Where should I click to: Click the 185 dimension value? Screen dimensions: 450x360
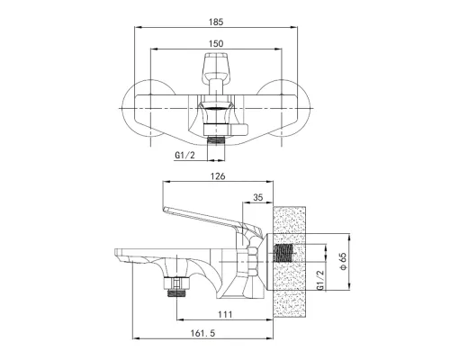coord(216,22)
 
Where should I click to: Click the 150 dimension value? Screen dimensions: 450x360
coord(216,44)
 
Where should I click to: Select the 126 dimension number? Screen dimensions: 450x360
coord(218,176)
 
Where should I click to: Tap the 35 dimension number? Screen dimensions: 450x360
coord(258,197)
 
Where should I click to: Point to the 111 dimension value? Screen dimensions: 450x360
coord(225,314)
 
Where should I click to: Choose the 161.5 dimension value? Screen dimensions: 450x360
coord(202,333)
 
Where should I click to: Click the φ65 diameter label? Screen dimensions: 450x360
coord(343,261)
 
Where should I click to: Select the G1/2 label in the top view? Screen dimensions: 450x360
coord(184,155)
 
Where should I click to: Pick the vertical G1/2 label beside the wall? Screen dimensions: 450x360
coord(320,280)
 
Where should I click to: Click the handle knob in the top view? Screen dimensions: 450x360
coord(216,66)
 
